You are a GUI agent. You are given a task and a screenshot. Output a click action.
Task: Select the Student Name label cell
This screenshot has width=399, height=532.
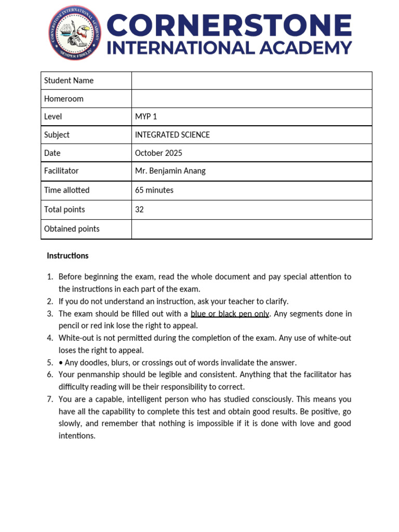click(x=69, y=81)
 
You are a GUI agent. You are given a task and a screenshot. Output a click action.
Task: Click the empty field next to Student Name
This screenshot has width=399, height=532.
click(x=251, y=81)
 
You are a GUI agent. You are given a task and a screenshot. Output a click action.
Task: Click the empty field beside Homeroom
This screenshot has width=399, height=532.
click(x=251, y=99)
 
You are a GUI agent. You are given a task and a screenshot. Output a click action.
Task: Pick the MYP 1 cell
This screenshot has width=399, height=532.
click(x=146, y=117)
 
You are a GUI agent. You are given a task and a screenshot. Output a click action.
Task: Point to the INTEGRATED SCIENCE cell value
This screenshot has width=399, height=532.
click(x=172, y=135)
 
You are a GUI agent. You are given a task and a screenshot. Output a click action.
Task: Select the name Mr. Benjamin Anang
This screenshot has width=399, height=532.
click(x=170, y=171)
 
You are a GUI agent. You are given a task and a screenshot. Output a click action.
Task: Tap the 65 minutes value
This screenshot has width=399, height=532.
click(x=154, y=190)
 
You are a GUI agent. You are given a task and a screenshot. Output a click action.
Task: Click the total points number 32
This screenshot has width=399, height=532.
click(x=139, y=210)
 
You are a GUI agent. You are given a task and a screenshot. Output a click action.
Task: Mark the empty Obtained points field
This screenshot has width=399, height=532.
click(x=251, y=229)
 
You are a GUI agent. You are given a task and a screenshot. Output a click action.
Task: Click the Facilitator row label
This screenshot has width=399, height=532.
click(x=61, y=171)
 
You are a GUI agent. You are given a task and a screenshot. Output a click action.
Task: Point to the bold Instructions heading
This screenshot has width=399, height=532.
click(x=68, y=256)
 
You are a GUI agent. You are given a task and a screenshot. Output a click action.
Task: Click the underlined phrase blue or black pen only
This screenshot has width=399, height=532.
click(x=230, y=314)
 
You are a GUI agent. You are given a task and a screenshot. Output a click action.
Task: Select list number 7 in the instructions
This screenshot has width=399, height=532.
click(x=50, y=400)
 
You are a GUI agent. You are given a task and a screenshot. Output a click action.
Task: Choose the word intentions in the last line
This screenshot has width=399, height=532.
click(x=76, y=436)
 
